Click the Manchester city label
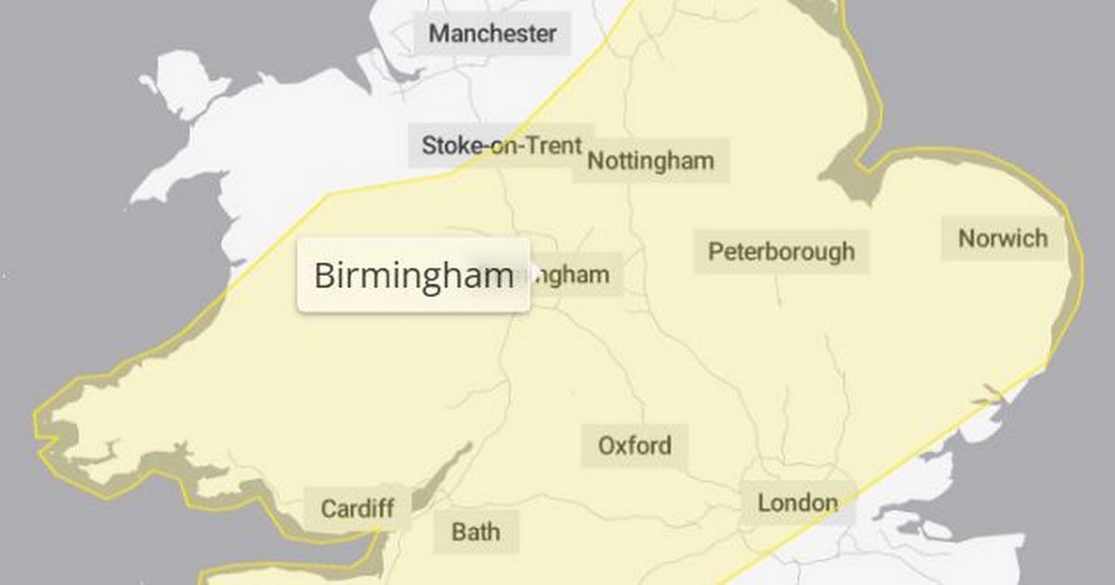click(x=492, y=35)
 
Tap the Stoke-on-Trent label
click(x=502, y=146)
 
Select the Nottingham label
click(x=650, y=161)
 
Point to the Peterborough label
click(x=781, y=252)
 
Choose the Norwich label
click(x=1003, y=239)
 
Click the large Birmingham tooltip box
click(x=413, y=276)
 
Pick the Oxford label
click(x=635, y=446)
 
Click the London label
click(x=797, y=503)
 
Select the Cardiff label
click(x=357, y=509)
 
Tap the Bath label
click(x=476, y=532)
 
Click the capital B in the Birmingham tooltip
click(x=324, y=276)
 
